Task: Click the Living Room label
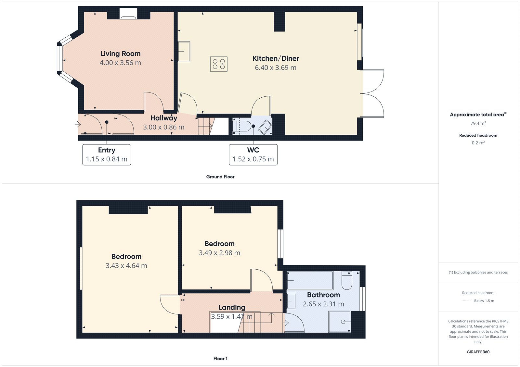click(120, 54)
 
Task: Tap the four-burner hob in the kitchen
click(219, 64)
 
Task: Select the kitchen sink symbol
click(184, 51)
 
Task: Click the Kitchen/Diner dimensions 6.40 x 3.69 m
click(276, 67)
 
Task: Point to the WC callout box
click(253, 155)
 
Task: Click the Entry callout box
click(107, 155)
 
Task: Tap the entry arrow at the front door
click(77, 124)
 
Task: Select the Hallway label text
click(163, 118)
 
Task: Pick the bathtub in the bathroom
click(310, 280)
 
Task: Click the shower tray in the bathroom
click(340, 322)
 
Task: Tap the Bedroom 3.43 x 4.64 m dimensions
click(126, 266)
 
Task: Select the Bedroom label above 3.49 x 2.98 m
click(219, 244)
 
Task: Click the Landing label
click(232, 307)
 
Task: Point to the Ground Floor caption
click(220, 177)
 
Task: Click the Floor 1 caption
click(220, 359)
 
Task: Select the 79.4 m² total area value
click(478, 123)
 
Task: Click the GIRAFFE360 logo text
click(478, 352)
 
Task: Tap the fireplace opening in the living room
click(128, 14)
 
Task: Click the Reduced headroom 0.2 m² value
click(478, 143)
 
